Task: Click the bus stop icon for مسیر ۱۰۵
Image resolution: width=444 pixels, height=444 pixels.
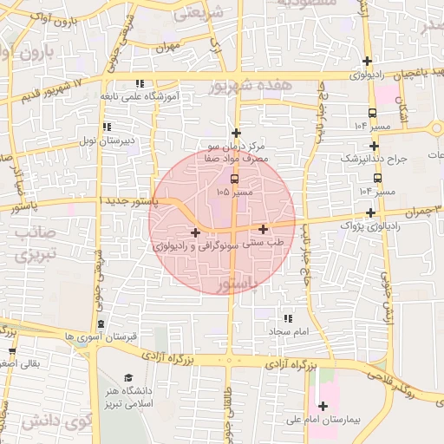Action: click(x=234, y=180)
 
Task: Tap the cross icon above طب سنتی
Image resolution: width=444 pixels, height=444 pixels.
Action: click(x=263, y=229)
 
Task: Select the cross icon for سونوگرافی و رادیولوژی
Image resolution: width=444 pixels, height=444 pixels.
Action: click(x=195, y=232)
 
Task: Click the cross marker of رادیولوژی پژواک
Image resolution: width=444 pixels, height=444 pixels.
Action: click(x=370, y=212)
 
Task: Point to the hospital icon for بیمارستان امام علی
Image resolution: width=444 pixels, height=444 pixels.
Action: click(x=323, y=406)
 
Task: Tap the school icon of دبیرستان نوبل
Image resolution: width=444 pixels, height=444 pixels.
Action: click(x=107, y=127)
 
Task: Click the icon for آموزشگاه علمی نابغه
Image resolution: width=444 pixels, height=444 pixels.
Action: click(x=139, y=84)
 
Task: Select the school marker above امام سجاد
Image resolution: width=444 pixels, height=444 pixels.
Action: click(x=288, y=319)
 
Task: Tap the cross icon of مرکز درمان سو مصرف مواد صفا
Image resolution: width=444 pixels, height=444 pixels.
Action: click(x=235, y=134)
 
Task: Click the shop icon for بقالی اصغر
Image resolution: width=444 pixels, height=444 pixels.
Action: click(x=12, y=351)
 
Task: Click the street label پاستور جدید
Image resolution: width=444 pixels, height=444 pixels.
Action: click(x=132, y=200)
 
